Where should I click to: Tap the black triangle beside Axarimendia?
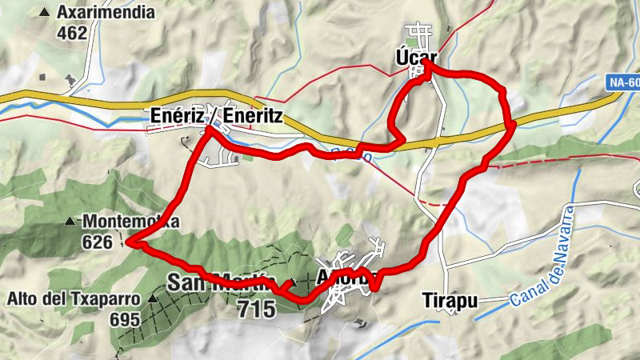45,13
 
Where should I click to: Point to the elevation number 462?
72,33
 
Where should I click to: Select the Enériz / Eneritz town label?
216,116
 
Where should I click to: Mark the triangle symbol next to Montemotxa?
70,222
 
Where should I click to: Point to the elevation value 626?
97,241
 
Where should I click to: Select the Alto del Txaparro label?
75,299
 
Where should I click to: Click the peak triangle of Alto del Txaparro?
153,299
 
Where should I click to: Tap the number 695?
126,319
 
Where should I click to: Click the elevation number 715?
256,309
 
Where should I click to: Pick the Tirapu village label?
449,301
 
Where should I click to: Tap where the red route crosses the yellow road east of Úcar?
510,125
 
